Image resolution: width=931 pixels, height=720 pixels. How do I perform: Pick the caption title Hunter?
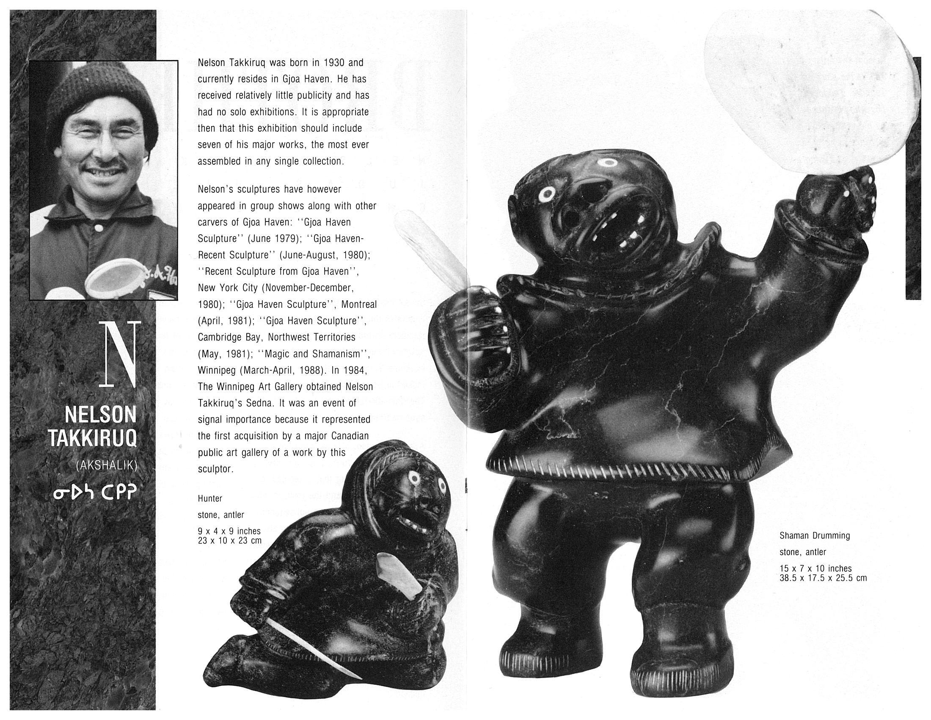pos(210,498)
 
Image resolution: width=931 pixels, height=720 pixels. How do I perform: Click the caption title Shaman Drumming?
pos(815,535)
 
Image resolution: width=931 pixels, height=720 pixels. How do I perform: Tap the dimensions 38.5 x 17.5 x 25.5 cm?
pos(823,579)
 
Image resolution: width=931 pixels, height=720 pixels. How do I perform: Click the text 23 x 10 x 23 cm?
pos(229,541)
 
